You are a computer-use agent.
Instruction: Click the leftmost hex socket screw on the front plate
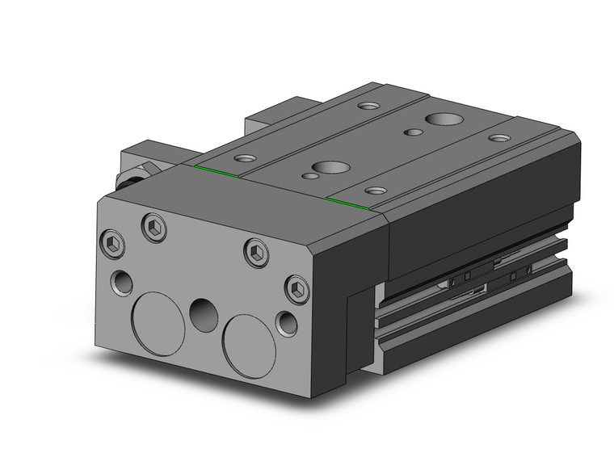pos(114,242)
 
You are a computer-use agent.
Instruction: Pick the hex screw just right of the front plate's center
pos(255,253)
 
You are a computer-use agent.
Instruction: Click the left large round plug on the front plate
pos(158,323)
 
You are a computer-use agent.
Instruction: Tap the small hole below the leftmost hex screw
pos(122,283)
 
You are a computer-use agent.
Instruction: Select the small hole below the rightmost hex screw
pos(287,324)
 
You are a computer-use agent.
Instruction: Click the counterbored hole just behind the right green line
pos(375,191)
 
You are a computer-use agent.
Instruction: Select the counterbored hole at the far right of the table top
pos(500,138)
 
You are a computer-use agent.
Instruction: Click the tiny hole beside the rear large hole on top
pos(413,132)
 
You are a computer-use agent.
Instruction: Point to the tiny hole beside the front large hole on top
pos(309,175)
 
